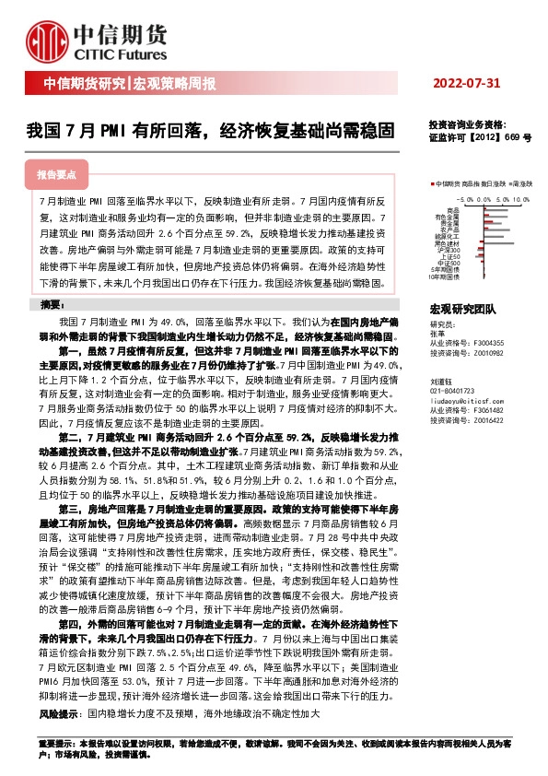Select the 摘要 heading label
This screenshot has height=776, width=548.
point(52,305)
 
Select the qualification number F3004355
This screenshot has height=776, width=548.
point(489,342)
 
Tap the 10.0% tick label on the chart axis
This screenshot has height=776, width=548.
point(521,198)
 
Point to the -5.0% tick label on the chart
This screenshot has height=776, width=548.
point(464,198)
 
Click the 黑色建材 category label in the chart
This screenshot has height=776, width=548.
point(449,243)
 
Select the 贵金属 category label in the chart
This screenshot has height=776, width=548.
point(450,223)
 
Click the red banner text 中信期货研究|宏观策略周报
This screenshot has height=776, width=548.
point(130,85)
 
